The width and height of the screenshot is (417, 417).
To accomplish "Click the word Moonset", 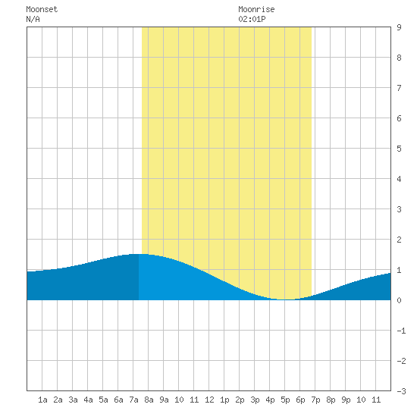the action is click(x=42, y=9).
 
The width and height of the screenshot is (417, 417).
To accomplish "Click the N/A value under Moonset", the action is click(x=33, y=19).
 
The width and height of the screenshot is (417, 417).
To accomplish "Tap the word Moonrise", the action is click(x=256, y=9).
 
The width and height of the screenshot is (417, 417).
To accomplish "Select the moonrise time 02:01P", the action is click(x=252, y=19).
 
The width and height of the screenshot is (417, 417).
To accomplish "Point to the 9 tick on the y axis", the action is click(x=399, y=27).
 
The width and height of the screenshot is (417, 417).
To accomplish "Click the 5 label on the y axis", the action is click(x=399, y=149).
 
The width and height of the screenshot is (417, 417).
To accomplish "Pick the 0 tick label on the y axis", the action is click(x=399, y=300).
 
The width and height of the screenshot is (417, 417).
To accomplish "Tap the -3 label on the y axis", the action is click(x=401, y=391).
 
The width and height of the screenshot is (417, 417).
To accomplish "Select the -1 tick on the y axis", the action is click(x=401, y=331).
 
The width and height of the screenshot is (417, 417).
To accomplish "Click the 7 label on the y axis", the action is click(x=399, y=88).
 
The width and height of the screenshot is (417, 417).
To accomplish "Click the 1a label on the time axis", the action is click(x=42, y=400).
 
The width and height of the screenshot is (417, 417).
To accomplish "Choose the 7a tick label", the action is click(x=133, y=400).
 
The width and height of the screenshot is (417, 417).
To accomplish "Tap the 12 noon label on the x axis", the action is click(x=209, y=400).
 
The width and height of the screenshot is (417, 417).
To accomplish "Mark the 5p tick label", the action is click(x=285, y=400).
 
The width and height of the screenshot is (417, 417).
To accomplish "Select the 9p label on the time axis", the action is click(x=346, y=400).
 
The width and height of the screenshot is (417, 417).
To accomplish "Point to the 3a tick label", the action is click(x=73, y=400).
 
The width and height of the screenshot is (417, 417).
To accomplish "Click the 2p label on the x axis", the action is click(x=240, y=400).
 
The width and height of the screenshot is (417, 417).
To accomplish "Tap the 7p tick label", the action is click(x=315, y=400).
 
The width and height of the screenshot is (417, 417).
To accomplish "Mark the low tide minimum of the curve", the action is click(x=285, y=299).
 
